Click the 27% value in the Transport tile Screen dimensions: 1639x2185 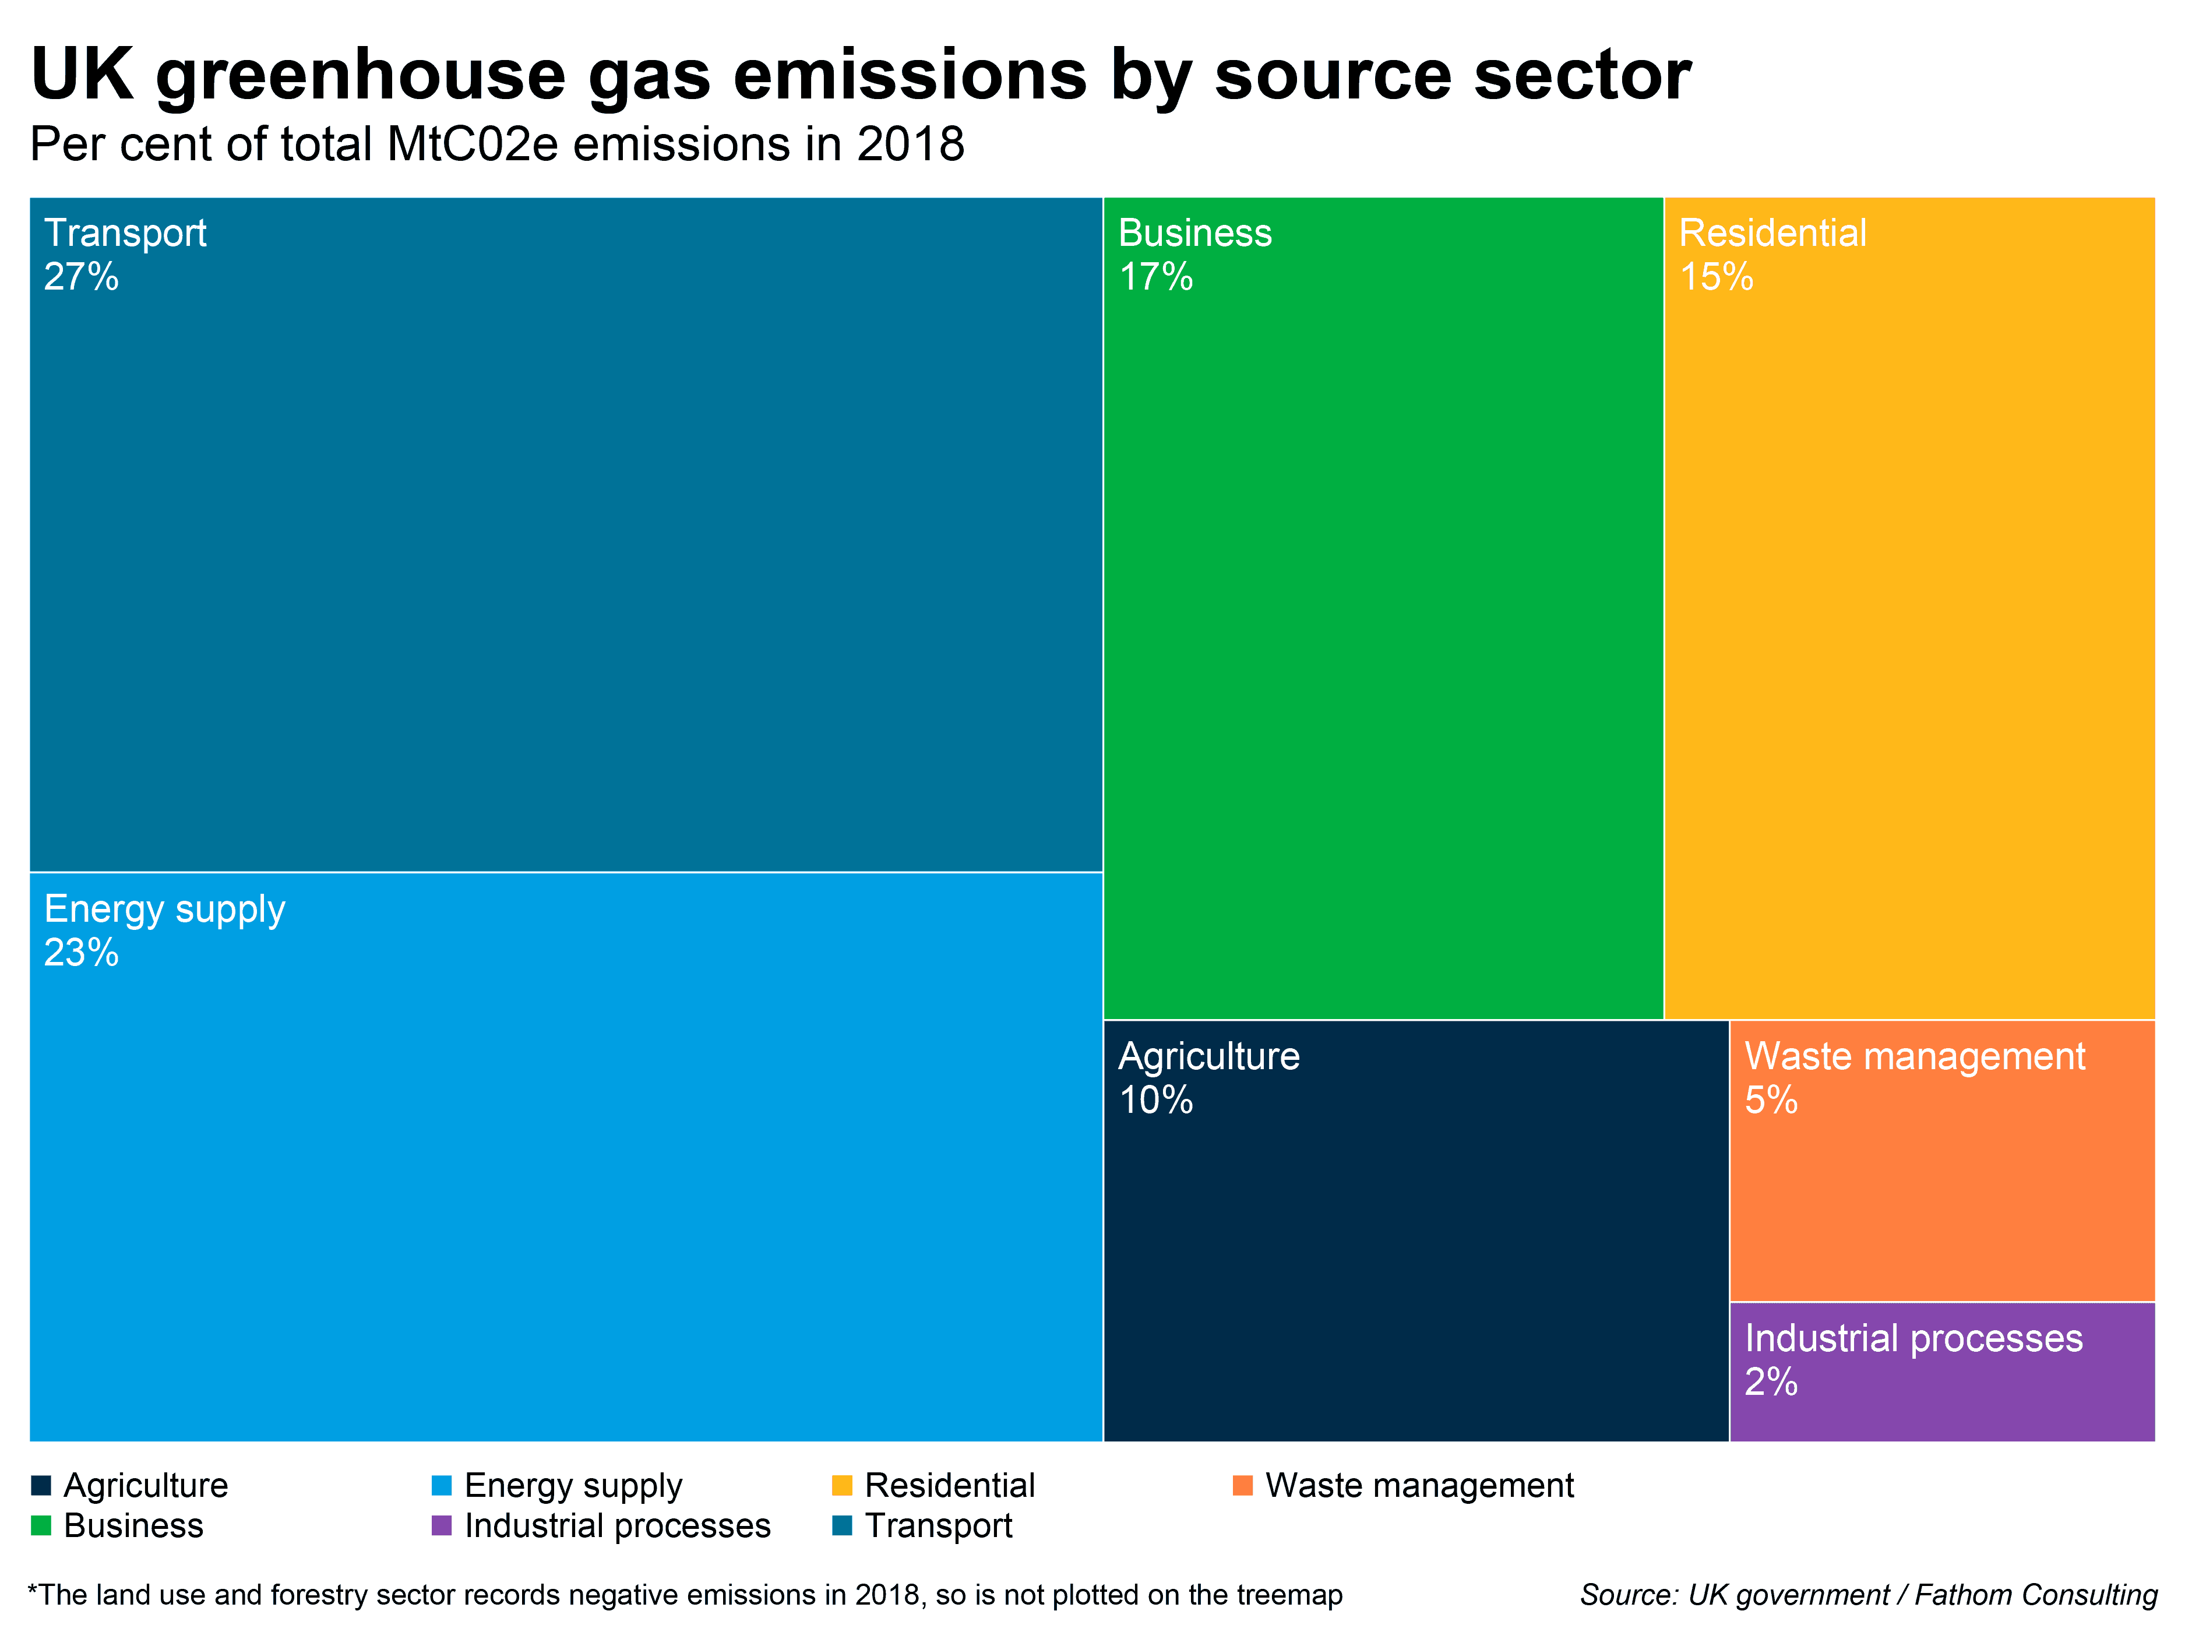coord(81,277)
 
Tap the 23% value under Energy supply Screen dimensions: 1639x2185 coord(81,953)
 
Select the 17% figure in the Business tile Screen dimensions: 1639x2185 coord(1155,277)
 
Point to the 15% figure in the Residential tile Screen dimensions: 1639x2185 coord(1716,277)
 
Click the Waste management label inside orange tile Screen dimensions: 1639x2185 coord(1914,1057)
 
